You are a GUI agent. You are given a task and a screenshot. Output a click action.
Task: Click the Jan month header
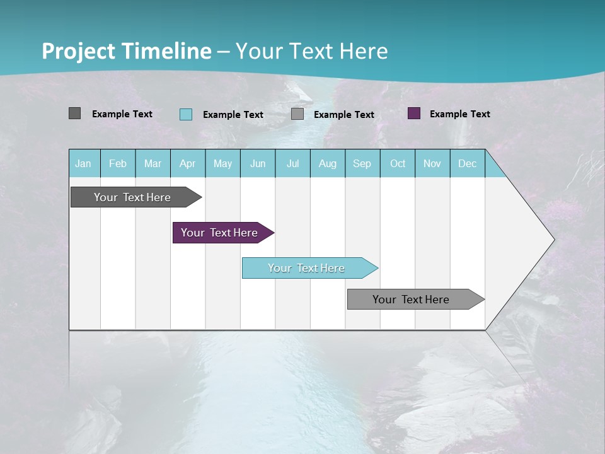point(83,163)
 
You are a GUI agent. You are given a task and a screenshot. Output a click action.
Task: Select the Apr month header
point(187,163)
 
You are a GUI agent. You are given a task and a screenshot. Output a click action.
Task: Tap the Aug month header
point(327,163)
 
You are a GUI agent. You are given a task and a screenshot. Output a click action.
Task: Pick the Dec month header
point(467,163)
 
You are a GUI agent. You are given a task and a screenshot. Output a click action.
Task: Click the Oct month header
point(398,163)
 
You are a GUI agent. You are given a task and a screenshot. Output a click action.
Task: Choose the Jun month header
point(258,163)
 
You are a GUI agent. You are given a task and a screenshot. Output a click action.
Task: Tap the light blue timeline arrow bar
point(307,268)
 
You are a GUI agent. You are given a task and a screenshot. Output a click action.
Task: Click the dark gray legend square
point(74,113)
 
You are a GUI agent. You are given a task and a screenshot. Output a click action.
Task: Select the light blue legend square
point(186,114)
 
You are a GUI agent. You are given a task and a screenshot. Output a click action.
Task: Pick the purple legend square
point(414,113)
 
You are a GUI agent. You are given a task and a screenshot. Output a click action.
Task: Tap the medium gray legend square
point(297,114)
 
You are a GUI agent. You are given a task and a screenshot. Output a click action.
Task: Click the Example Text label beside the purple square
point(459,113)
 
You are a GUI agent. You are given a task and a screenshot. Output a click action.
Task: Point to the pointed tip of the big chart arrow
point(553,240)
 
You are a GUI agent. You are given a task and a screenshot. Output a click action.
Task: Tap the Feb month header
point(118,163)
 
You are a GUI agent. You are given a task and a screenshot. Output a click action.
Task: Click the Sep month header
point(362,163)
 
